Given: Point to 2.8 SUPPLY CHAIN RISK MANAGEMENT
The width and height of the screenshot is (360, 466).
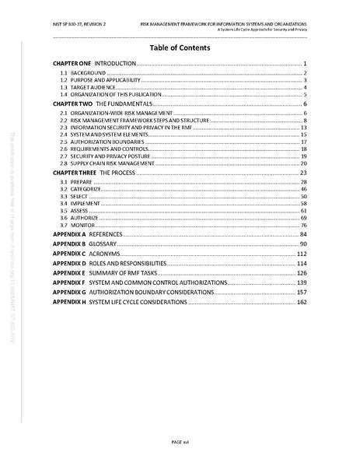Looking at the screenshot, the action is [109, 163].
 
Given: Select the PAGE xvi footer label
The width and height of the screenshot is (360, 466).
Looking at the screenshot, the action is [180, 442].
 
